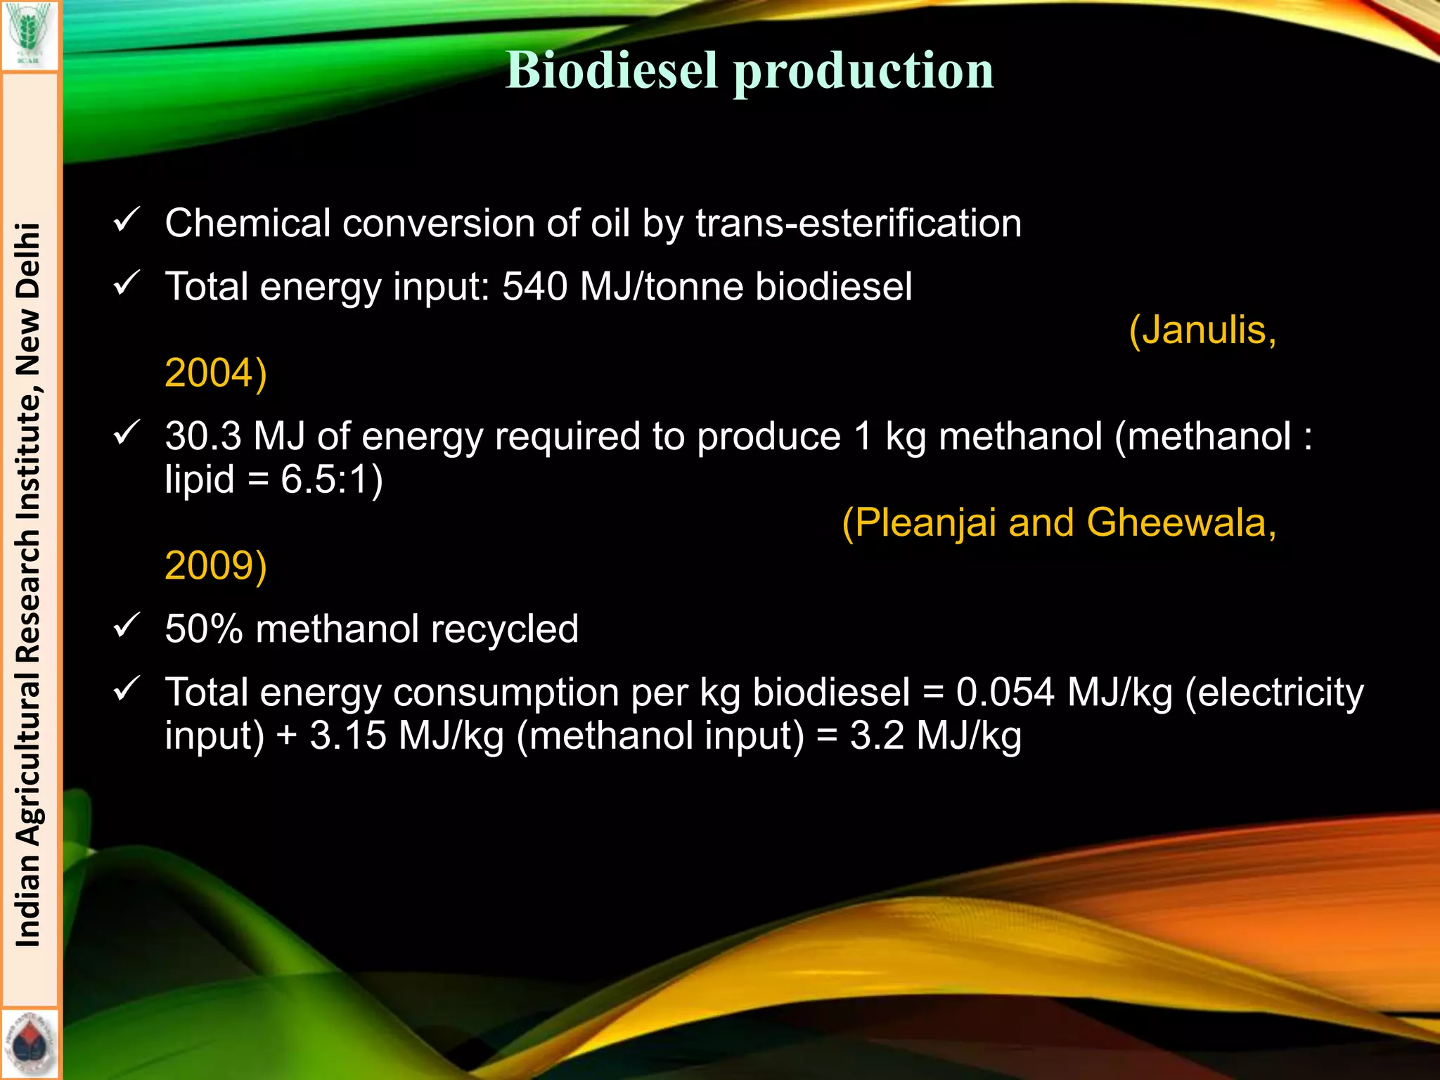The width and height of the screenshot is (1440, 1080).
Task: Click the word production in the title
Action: (x=863, y=72)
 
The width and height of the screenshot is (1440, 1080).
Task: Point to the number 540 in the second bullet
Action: (x=534, y=287)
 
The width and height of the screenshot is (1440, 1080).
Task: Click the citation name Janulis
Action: (x=1202, y=330)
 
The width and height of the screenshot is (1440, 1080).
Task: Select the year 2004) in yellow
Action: (x=216, y=373)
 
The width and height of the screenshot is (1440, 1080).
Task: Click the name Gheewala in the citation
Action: (x=1181, y=523)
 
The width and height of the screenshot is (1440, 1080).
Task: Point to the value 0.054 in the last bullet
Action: (x=1005, y=693)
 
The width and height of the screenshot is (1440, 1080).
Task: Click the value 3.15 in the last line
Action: (x=348, y=736)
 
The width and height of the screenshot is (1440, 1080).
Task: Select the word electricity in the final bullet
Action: (x=1274, y=693)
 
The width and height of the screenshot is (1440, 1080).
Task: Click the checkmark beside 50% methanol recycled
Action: (x=127, y=625)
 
